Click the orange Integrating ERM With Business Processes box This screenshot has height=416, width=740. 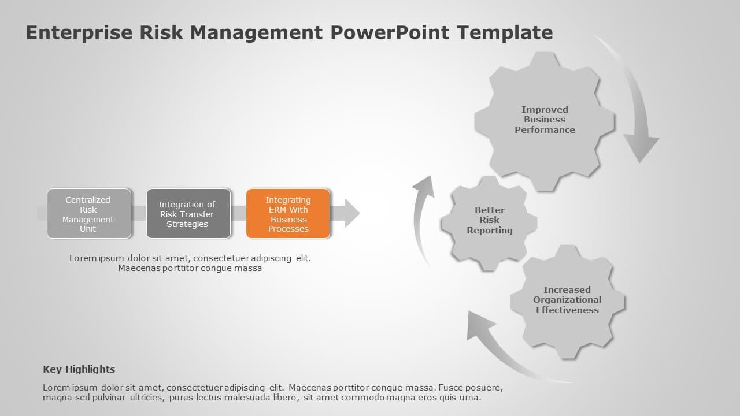(288, 214)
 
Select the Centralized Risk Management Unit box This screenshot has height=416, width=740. (88, 214)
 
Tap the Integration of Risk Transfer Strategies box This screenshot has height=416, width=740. (188, 214)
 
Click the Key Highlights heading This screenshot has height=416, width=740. (79, 369)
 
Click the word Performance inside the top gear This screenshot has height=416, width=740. (545, 130)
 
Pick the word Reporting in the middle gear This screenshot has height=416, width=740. (490, 231)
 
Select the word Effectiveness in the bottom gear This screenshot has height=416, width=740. (567, 310)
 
